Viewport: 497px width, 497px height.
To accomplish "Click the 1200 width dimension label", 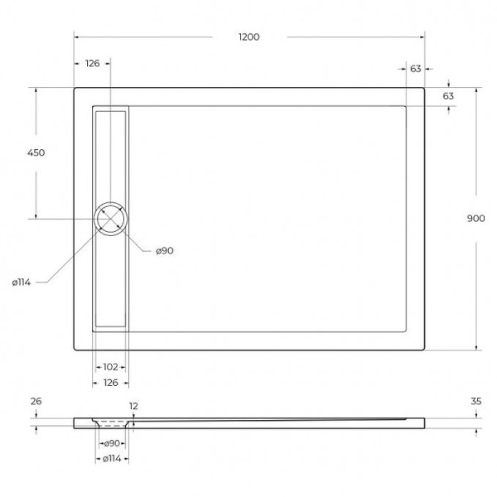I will [x=248, y=36].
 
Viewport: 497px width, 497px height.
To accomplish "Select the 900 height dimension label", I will [x=475, y=218].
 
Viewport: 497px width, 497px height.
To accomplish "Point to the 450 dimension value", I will [x=36, y=152].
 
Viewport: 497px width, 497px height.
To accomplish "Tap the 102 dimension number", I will [x=109, y=366].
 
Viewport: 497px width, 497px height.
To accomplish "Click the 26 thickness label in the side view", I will [x=36, y=401].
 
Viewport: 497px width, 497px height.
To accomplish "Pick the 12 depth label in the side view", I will [x=133, y=406].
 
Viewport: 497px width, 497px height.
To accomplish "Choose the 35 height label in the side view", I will [x=475, y=401].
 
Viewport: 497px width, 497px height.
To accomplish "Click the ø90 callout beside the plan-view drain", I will [x=163, y=250].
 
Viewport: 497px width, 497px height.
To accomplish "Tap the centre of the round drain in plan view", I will [x=111, y=219].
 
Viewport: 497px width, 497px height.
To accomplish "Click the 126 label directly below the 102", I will [x=110, y=382].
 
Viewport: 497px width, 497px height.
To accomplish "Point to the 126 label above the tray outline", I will [x=92, y=64].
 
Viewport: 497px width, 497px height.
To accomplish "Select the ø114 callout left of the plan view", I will [x=22, y=282].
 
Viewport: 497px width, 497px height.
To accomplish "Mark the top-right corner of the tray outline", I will [x=424, y=89].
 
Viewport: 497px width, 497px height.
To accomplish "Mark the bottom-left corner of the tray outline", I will [x=75, y=349].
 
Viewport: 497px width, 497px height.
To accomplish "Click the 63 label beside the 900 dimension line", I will [x=448, y=96].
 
